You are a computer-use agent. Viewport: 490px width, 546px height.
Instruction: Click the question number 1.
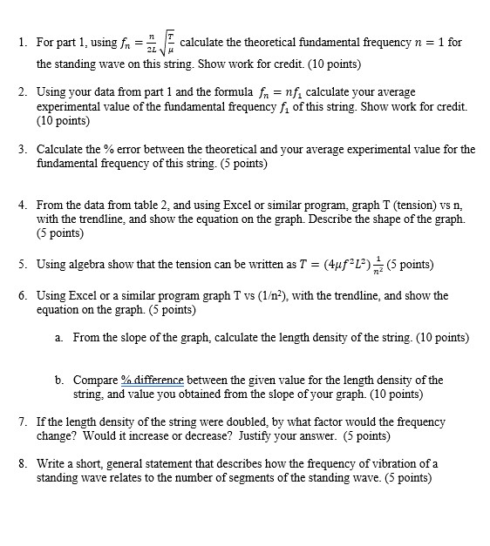point(21,43)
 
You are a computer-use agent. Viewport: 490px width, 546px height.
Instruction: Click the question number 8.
point(21,464)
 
